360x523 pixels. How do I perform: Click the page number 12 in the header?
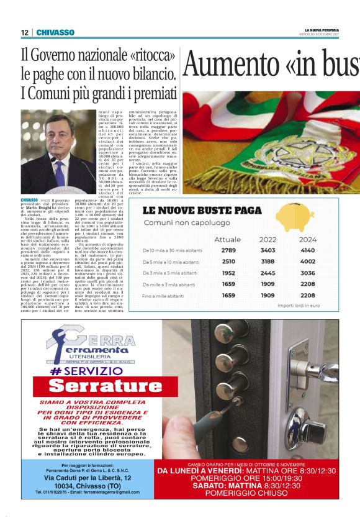pos(25,32)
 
